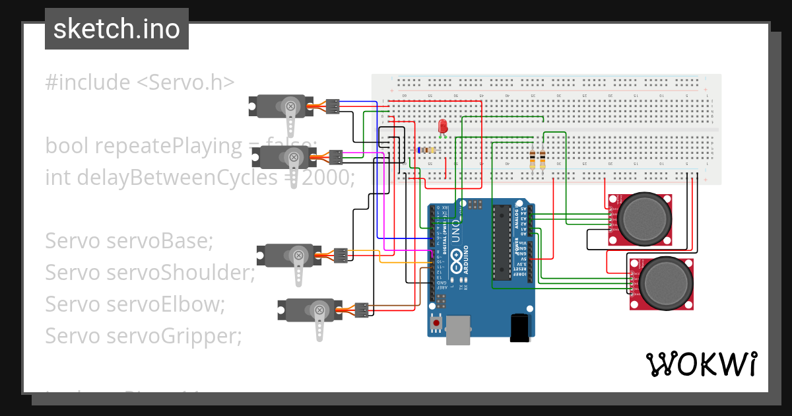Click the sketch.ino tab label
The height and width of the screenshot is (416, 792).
coord(117,29)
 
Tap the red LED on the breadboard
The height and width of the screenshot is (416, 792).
coord(442,125)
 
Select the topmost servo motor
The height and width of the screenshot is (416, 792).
coord(280,106)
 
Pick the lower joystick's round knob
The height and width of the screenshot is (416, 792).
coord(663,283)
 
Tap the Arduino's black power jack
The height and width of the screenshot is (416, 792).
coord(521,328)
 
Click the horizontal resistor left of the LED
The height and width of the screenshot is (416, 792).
coord(427,150)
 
